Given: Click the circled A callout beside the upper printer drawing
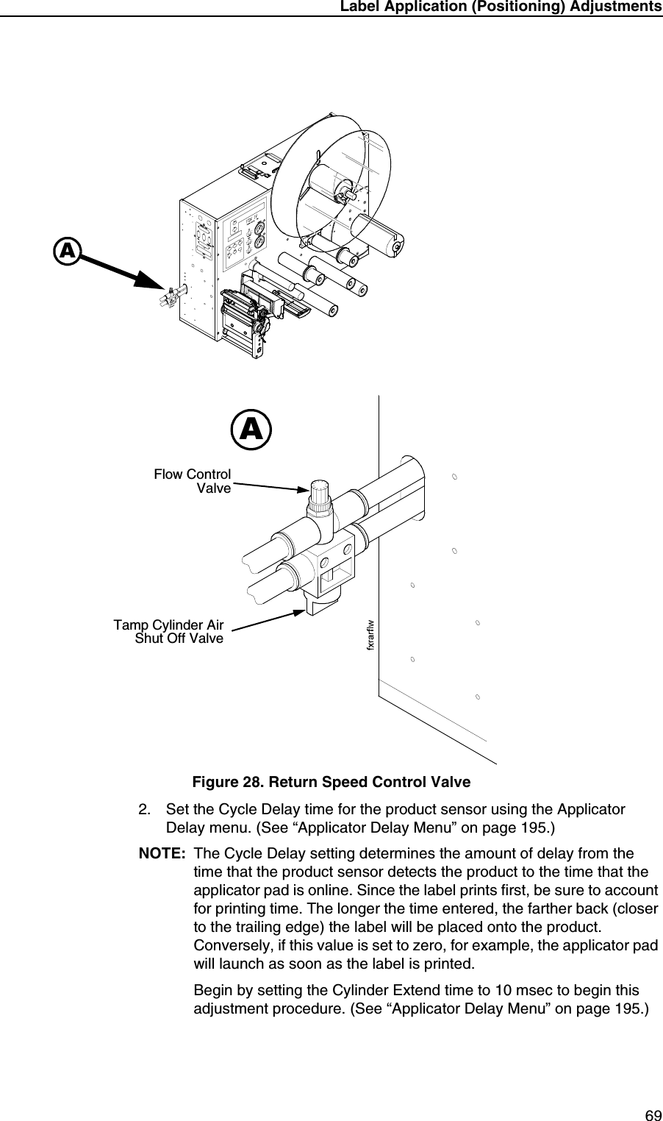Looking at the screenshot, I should pyautogui.click(x=67, y=251).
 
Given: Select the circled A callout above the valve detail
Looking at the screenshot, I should pyautogui.click(x=251, y=430).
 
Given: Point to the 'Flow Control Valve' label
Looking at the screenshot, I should pyautogui.click(x=193, y=481).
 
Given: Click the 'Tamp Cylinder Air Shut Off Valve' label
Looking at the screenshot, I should pyautogui.click(x=169, y=632).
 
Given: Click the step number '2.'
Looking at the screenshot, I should pyautogui.click(x=146, y=810).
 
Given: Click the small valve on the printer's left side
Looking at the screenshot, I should pyautogui.click(x=169, y=296).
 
